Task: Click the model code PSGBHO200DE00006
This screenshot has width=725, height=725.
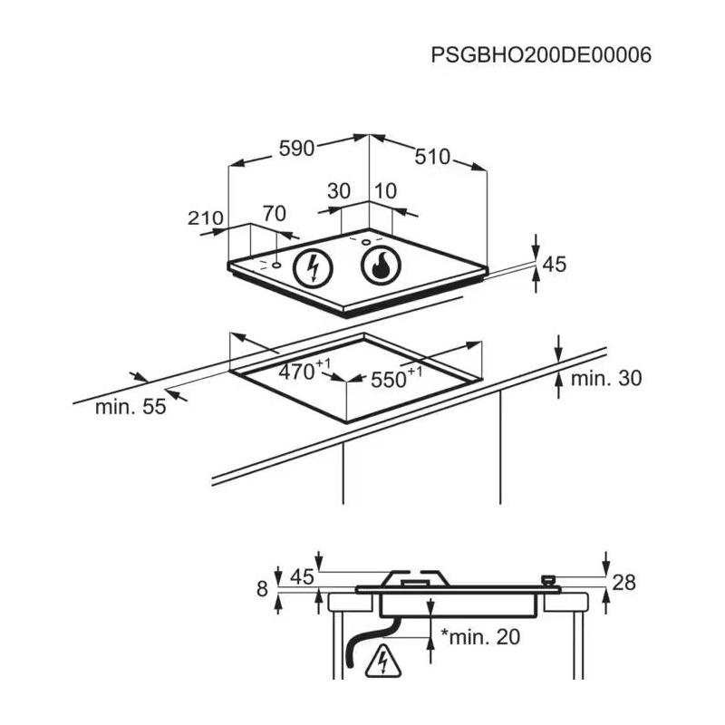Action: (542, 54)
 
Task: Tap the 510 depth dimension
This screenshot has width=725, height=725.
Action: (432, 156)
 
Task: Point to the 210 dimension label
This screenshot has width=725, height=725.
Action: (206, 217)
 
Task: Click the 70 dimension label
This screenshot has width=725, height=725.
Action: (274, 214)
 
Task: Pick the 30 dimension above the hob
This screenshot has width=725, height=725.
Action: (338, 191)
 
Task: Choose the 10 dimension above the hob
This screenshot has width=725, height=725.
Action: (385, 191)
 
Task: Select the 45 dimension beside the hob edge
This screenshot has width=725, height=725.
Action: (554, 265)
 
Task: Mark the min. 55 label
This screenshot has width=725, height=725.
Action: (130, 407)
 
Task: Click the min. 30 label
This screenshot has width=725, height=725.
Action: (605, 378)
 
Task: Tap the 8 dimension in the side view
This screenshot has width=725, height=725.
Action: (263, 589)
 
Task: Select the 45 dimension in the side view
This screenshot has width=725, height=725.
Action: (301, 577)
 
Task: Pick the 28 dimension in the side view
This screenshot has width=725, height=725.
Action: (624, 583)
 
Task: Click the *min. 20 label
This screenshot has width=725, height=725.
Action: (480, 637)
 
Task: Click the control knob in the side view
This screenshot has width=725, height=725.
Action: (547, 579)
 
